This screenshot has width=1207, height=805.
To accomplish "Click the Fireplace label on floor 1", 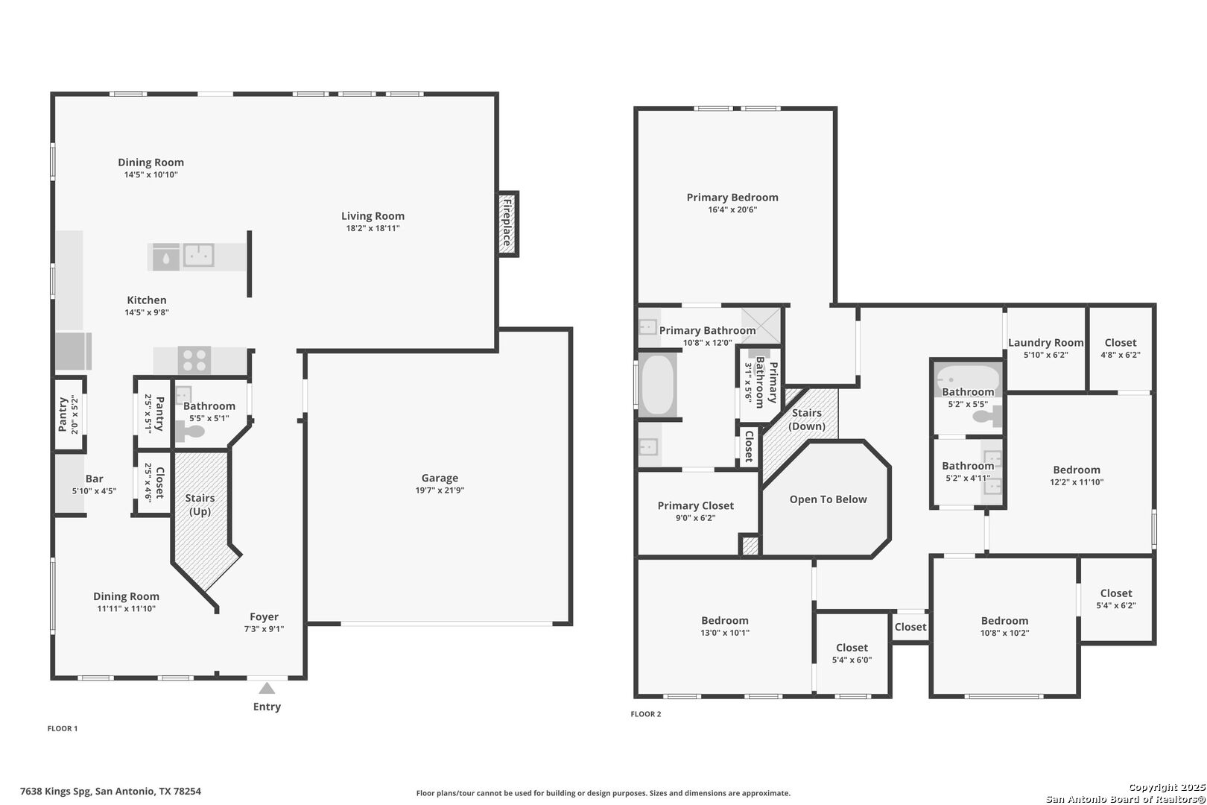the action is click(x=507, y=223).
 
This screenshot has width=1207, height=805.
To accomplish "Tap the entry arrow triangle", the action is click(x=267, y=689).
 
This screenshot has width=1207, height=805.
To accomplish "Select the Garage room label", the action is click(x=440, y=478).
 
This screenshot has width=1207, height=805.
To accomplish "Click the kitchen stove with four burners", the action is click(x=194, y=360).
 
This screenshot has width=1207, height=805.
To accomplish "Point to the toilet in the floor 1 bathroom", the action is click(x=191, y=432).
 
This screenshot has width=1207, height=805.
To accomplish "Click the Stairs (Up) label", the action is click(x=200, y=505).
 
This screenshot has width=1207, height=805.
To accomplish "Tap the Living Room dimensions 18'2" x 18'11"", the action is click(x=373, y=228).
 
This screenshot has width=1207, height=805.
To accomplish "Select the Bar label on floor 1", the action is click(x=95, y=479).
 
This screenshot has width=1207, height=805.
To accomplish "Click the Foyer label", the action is click(x=264, y=616).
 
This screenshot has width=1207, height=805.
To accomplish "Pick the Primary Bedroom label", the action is click(x=732, y=198).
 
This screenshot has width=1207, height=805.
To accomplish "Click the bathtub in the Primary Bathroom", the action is click(x=658, y=385).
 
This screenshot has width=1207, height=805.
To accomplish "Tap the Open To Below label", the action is click(x=829, y=499).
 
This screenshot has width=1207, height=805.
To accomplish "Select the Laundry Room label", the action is click(x=1046, y=342).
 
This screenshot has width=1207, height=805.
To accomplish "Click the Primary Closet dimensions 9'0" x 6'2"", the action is click(x=696, y=518).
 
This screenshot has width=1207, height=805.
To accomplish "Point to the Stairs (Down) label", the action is click(x=807, y=420).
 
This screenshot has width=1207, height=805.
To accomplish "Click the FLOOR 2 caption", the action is click(x=645, y=714).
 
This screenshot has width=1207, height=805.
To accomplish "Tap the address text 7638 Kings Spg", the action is click(x=56, y=791).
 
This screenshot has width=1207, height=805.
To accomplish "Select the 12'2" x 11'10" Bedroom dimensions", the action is click(x=1077, y=482).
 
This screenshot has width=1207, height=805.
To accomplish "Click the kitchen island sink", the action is click(x=199, y=256).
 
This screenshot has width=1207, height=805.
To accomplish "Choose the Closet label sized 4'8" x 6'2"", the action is click(x=1121, y=342).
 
